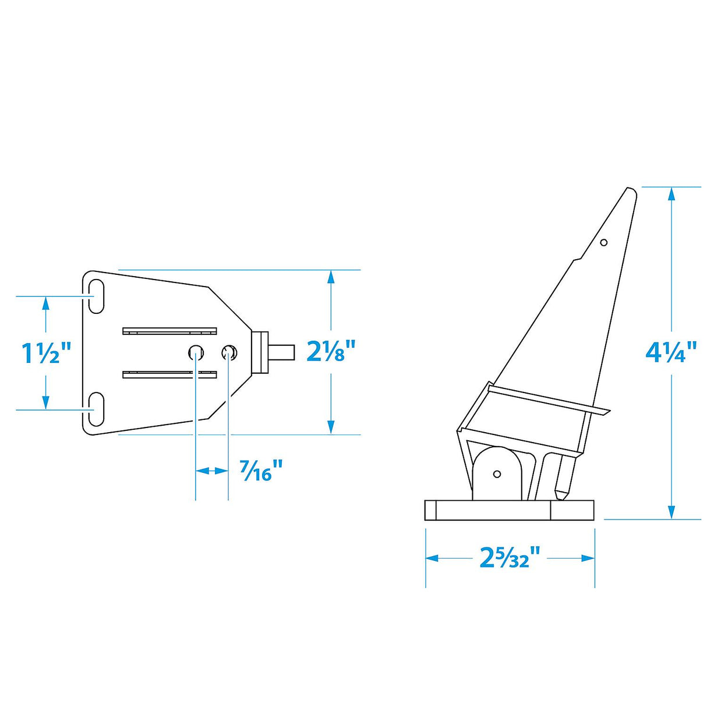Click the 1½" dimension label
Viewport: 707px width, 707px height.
point(46,353)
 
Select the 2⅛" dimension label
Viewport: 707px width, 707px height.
point(331,351)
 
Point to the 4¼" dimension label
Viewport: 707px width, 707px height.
point(671,352)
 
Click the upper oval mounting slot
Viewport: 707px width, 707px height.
point(96,297)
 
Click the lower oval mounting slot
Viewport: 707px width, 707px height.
point(96,409)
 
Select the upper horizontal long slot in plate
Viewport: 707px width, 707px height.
point(169,331)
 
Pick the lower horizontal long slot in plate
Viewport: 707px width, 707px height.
point(169,374)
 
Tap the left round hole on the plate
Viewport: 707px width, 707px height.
point(196,352)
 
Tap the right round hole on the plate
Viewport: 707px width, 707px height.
point(229,352)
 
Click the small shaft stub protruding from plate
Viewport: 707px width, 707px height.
point(282,352)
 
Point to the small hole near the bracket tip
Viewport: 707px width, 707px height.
point(604,242)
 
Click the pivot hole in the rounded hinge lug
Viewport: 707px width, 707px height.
point(497,474)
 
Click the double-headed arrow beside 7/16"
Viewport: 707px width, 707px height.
point(211,471)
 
